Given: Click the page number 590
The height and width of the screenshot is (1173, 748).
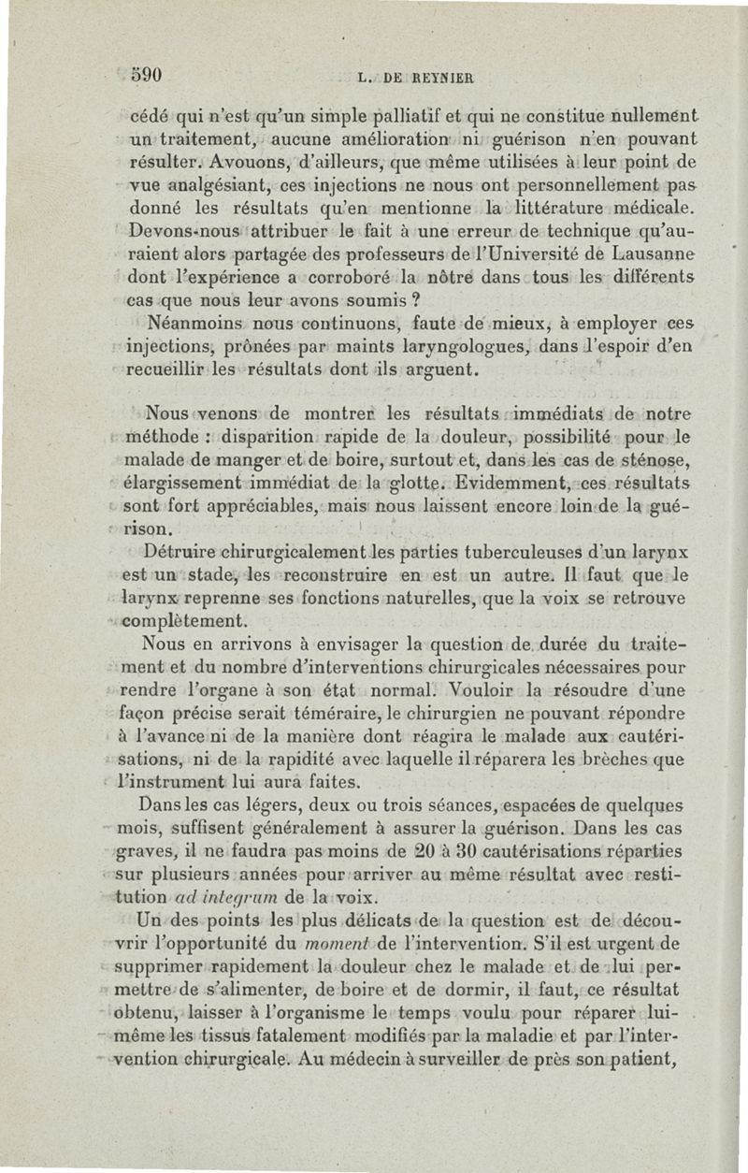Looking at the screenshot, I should pyautogui.click(x=149, y=76).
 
